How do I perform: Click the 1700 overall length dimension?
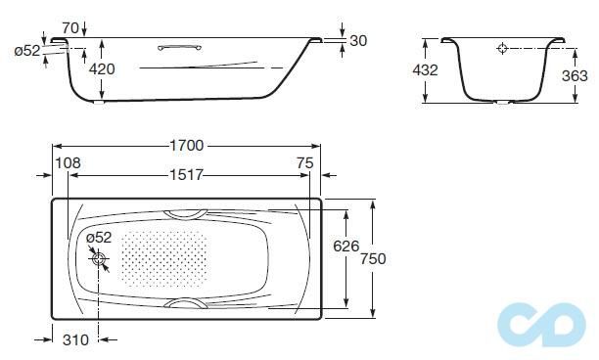click(186, 146)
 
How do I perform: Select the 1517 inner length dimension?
click(186, 175)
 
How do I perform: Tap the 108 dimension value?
click(68, 163)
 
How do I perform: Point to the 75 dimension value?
click(305, 163)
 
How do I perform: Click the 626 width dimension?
click(346, 247)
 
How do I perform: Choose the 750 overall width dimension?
click(373, 259)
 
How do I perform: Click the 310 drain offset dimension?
click(75, 339)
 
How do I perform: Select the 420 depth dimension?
click(102, 69)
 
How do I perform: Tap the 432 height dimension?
click(425, 70)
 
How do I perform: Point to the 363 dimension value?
click(575, 76)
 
